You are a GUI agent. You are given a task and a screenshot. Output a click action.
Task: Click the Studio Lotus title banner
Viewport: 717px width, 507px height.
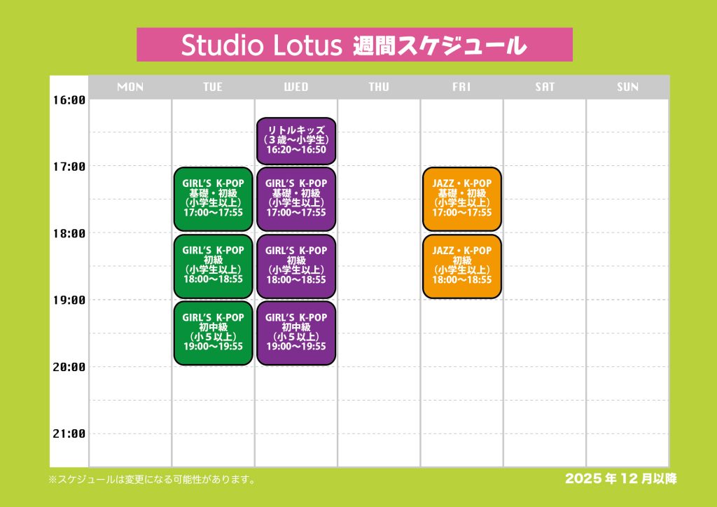[x=354, y=44]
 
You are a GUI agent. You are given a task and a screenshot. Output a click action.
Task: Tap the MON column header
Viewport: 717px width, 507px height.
[x=130, y=87]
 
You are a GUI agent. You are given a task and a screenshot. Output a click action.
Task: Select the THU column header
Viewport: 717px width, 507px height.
[x=379, y=87]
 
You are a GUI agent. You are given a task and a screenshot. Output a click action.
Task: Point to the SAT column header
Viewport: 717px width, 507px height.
[x=545, y=87]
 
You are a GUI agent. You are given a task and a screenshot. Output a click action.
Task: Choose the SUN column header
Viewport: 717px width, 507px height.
[x=628, y=87]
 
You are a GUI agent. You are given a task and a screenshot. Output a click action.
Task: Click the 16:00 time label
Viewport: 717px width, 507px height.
[x=69, y=100]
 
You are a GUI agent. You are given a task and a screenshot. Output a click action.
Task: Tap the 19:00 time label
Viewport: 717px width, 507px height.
[x=69, y=300]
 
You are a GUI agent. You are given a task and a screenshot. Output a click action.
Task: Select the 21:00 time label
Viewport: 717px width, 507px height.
[x=69, y=434]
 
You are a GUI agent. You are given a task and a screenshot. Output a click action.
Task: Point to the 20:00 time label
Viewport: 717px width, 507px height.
[x=69, y=367]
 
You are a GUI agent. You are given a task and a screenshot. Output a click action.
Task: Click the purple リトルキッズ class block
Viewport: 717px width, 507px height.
[x=296, y=141]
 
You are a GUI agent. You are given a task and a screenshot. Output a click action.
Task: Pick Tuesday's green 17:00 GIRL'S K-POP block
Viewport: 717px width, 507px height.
[x=213, y=199]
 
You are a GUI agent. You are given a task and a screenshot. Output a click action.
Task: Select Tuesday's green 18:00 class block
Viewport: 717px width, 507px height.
[x=213, y=266]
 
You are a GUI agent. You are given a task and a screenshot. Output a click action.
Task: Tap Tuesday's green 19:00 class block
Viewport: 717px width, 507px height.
[x=213, y=333]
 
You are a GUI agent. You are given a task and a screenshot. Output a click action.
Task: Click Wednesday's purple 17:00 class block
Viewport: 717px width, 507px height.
[x=296, y=199]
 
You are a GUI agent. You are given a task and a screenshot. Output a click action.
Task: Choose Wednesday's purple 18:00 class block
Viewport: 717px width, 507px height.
[x=296, y=266]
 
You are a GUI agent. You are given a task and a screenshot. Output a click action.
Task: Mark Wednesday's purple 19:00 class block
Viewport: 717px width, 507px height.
[x=296, y=333]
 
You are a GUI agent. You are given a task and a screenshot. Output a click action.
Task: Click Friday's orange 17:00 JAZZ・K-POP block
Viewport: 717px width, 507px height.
[x=462, y=199]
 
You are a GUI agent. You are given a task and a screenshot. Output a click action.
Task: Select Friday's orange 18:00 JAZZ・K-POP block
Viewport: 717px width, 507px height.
[x=462, y=266]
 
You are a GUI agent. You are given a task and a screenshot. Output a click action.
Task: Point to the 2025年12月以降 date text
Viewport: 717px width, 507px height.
[x=621, y=479]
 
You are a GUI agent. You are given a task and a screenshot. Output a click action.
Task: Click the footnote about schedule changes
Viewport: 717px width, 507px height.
[x=152, y=480]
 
